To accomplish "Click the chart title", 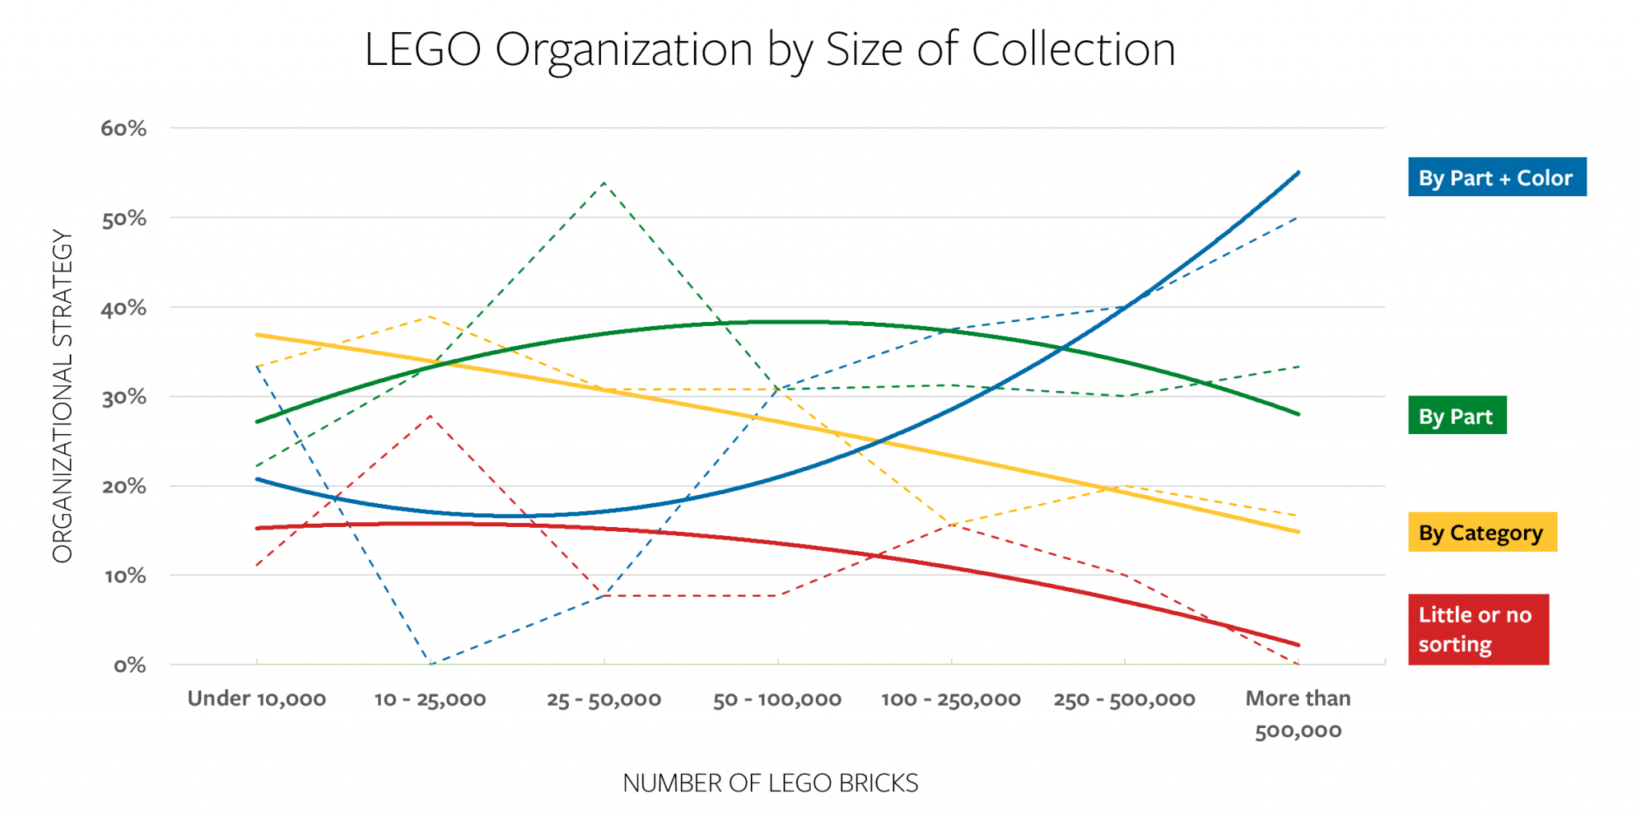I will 769,50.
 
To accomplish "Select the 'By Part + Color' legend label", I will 1496,178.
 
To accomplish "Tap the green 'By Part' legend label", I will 1456,417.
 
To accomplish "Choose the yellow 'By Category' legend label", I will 1482,533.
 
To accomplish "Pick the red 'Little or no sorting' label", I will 1478,630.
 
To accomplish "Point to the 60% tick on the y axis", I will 124,128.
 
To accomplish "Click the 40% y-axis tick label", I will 124,308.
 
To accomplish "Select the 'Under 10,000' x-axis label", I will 256,699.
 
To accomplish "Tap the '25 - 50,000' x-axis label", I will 604,700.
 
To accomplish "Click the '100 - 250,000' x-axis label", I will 951,700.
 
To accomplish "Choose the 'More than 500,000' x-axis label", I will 1298,714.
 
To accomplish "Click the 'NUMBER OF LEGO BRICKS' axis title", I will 770,783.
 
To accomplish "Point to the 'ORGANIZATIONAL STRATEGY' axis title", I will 62,396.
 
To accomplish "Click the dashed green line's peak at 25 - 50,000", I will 604,183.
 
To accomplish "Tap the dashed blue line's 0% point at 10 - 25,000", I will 431,664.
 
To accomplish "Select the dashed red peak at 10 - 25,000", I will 431,415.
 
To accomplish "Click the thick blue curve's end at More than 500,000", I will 1298,172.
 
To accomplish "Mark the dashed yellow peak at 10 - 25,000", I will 431,316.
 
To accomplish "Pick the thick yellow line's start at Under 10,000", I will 257,335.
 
